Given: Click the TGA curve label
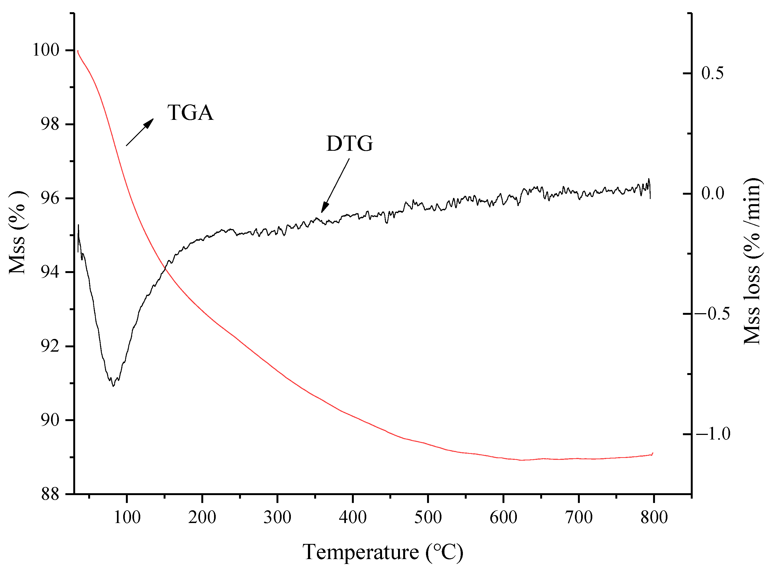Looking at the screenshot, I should (190, 113).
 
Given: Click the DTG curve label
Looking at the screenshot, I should (349, 143).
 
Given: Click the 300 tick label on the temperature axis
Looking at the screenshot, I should (277, 517).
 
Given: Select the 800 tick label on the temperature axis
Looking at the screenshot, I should (654, 517).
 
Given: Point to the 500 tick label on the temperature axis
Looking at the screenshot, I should (428, 517).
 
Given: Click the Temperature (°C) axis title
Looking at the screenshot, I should (383, 552).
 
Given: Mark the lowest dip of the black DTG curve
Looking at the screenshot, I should (113, 386).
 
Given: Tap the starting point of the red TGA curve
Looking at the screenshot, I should (78, 51).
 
